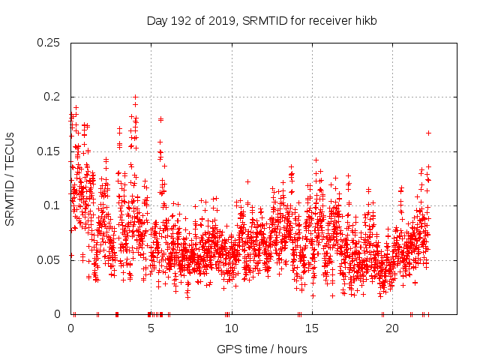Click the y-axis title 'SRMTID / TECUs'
pyautogui.click(x=10, y=178)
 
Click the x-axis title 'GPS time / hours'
pyautogui.click(x=262, y=349)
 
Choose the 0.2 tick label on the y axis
pyautogui.click(x=53, y=97)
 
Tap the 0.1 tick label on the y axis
pyautogui.click(x=53, y=205)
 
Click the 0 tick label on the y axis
pyautogui.click(x=59, y=314)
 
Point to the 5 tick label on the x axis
pyautogui.click(x=151, y=328)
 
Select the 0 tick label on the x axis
pyautogui.click(x=70, y=328)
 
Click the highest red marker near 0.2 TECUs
pyautogui.click(x=135, y=97)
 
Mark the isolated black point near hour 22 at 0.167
pyautogui.click(x=428, y=133)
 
